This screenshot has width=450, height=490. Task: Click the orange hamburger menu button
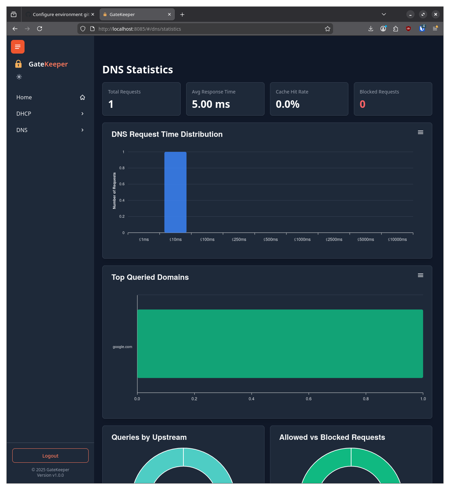point(18,47)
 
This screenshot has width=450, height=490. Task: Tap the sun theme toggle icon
point(19,77)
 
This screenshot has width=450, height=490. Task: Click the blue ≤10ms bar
point(175,192)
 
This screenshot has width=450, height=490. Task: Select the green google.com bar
point(280,344)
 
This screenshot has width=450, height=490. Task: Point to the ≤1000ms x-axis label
point(302,240)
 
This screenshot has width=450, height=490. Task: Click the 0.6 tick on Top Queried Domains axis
point(309,399)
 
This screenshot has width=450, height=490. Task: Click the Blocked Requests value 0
point(362,104)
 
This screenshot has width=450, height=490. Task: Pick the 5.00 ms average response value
point(211,104)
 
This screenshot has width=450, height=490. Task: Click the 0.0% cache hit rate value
point(287,104)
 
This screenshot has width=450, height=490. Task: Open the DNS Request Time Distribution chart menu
point(420,132)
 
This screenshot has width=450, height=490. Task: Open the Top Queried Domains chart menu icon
point(420,275)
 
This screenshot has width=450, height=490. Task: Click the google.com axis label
point(122,347)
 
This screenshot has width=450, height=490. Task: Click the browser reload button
point(40,29)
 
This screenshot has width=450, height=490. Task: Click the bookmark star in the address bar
point(327,29)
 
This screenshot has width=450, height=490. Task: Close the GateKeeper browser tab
point(169,14)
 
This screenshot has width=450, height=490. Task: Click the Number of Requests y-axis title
point(114,190)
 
